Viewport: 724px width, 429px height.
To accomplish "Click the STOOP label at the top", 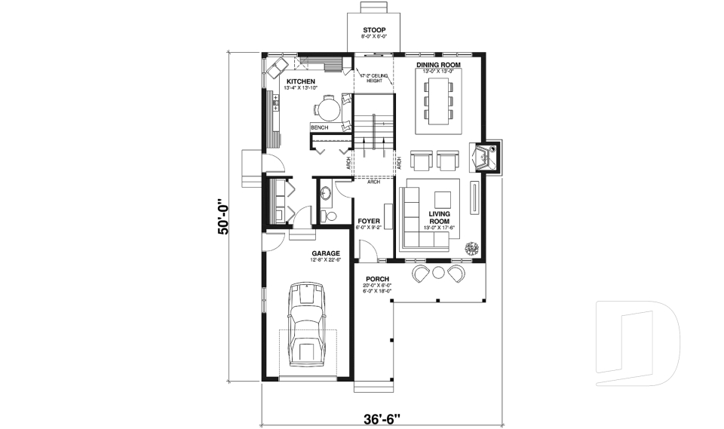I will coord(373,31).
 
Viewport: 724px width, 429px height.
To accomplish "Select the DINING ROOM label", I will coord(438,65).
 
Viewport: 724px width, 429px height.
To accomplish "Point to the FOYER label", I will coord(369,221).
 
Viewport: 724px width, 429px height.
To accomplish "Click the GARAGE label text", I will coord(325,253).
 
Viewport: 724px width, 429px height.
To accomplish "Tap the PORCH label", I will coord(376,278).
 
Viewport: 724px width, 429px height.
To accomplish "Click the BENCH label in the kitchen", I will coord(319,127).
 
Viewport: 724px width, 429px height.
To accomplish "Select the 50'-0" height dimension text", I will coord(223,218).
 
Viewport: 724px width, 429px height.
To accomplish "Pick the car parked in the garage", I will coord(307,324).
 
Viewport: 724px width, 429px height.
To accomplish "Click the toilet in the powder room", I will coord(328,216).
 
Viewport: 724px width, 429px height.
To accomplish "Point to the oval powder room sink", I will coord(327,194).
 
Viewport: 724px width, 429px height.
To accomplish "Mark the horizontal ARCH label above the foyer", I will coord(373,182).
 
